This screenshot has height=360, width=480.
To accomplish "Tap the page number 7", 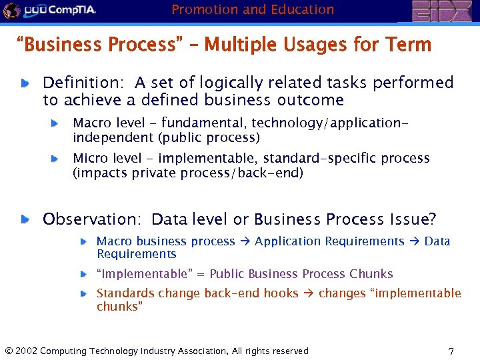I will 451,351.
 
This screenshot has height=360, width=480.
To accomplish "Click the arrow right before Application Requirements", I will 245,241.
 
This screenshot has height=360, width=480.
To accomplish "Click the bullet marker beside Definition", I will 25,84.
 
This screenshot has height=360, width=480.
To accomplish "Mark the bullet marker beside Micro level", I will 57,159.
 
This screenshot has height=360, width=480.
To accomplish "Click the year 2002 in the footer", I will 27,351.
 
